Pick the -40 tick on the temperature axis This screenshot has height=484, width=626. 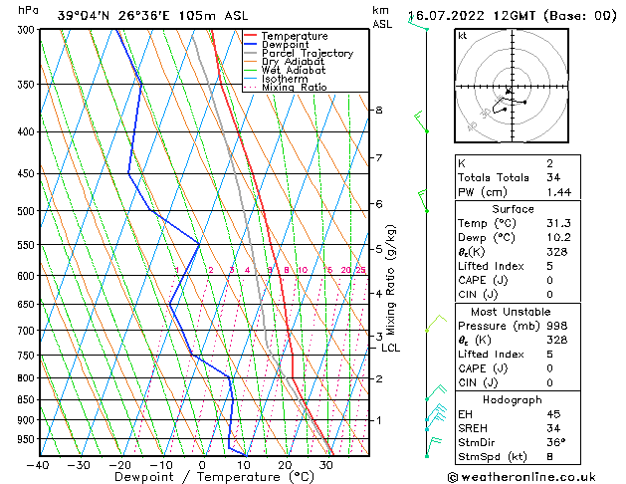click(38, 465)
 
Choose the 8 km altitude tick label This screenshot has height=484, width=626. click(379, 110)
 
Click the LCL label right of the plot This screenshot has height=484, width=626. click(391, 348)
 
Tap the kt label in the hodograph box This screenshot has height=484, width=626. click(462, 36)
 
